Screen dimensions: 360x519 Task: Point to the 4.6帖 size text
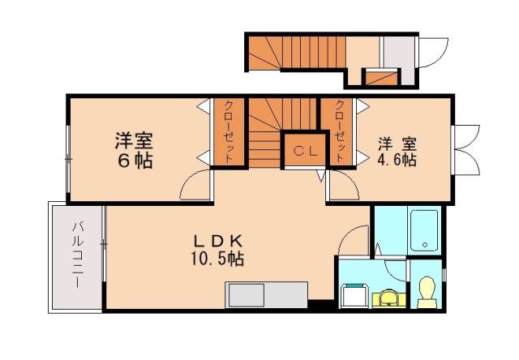click(x=397, y=160)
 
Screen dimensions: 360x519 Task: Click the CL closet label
click(x=304, y=150)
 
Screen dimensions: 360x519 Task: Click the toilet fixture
click(x=427, y=292)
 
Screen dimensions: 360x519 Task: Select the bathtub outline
click(x=424, y=231)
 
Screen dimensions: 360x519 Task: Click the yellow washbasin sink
click(x=388, y=297)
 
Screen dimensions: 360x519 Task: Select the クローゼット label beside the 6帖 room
click(x=229, y=132)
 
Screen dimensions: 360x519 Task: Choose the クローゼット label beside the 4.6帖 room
click(x=339, y=132)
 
